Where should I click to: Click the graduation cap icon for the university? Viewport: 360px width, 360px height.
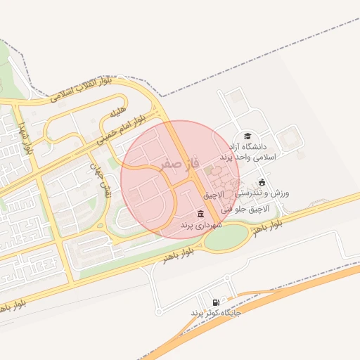(x=247, y=136)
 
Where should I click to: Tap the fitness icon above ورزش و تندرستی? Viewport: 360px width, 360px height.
(x=262, y=182)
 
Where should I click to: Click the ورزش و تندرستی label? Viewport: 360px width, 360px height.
(x=262, y=193)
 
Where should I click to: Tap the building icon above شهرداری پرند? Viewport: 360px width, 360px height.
(x=201, y=214)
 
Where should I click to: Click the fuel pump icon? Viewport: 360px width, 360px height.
(x=215, y=302)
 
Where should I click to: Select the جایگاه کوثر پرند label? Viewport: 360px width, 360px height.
(x=215, y=312)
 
